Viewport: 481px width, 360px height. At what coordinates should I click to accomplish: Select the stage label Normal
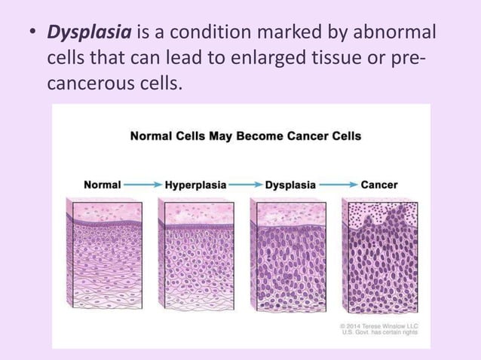pyautogui.click(x=103, y=184)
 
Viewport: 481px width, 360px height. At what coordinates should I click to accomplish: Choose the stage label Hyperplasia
pyautogui.click(x=195, y=184)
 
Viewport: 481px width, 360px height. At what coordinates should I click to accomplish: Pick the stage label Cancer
pyautogui.click(x=379, y=184)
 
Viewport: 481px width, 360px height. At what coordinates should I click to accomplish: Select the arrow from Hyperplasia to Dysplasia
pyautogui.click(x=246, y=184)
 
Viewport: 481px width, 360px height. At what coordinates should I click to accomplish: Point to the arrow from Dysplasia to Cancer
pyautogui.click(x=339, y=184)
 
